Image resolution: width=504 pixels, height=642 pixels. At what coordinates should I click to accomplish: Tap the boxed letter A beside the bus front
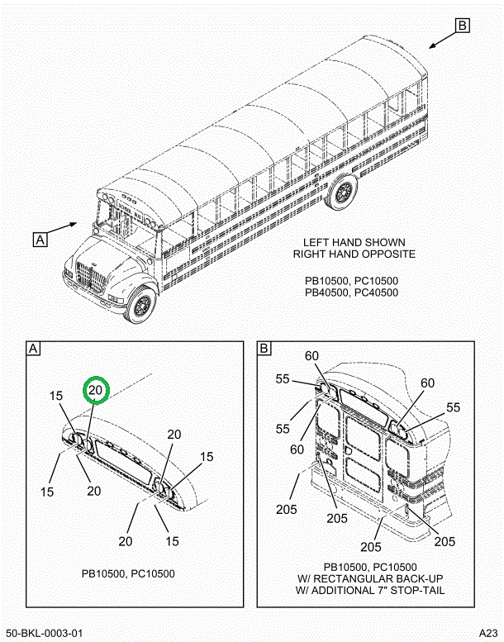coord(40,240)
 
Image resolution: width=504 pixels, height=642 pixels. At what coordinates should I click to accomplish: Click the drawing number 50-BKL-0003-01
coord(43,633)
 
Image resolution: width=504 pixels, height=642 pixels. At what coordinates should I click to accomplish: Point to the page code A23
coord(488,633)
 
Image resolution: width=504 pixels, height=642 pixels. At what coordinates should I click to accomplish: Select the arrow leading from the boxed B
coord(441,38)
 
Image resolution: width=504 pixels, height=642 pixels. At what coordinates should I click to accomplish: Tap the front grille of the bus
coord(93,278)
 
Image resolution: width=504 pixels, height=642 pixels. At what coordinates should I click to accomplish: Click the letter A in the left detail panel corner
coord(34,349)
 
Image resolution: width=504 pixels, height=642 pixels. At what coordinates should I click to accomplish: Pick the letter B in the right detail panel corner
coord(264,349)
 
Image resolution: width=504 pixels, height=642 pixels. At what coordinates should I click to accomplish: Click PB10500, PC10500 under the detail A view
coord(127,573)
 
